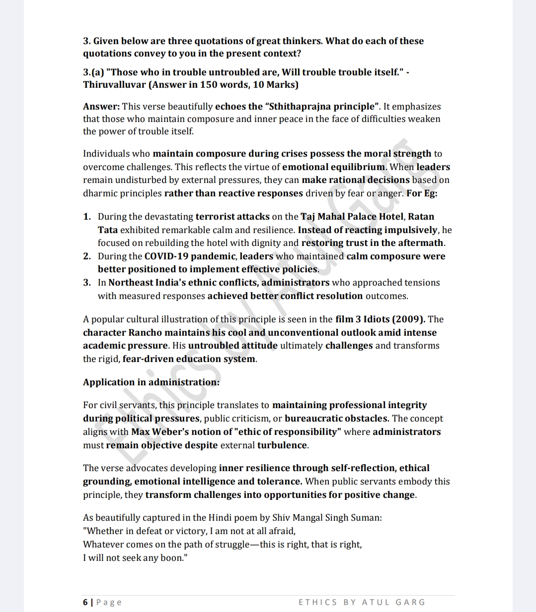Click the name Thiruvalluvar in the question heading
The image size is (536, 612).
click(x=114, y=84)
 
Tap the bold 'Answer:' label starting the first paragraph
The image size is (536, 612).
click(x=101, y=106)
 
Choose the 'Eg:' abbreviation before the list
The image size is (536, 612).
click(x=430, y=193)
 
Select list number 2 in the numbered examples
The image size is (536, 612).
click(x=87, y=256)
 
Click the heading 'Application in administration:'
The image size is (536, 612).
click(x=151, y=382)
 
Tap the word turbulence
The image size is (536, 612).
click(x=282, y=445)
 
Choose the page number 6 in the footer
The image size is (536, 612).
click(x=85, y=602)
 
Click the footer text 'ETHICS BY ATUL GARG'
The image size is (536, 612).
click(x=362, y=602)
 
